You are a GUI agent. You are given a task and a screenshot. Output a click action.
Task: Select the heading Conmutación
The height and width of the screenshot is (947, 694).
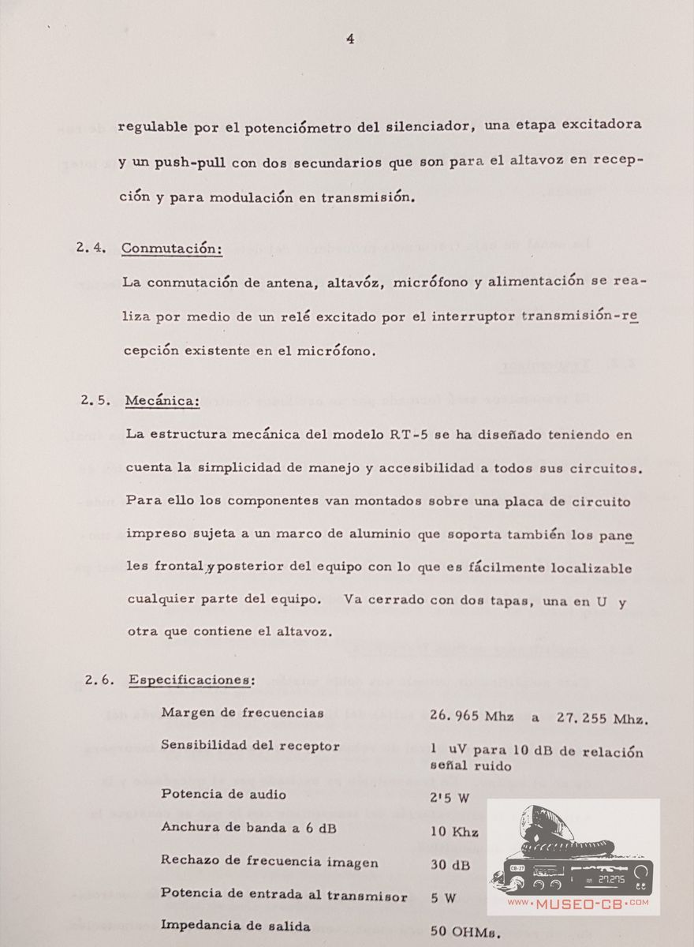pos(172,249)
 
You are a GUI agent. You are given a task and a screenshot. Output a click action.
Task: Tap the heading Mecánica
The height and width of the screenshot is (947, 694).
pos(162,402)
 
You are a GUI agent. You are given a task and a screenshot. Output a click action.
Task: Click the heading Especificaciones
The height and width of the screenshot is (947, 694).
pos(192,679)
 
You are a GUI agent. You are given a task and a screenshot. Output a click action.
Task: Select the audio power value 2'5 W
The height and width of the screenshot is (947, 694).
pos(450,798)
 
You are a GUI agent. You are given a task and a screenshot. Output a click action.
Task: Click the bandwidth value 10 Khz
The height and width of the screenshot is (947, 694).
pos(454,832)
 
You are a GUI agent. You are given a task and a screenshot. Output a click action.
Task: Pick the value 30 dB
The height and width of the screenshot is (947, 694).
pos(450,864)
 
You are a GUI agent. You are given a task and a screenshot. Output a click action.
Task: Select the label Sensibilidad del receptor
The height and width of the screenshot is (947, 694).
pos(250,746)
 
